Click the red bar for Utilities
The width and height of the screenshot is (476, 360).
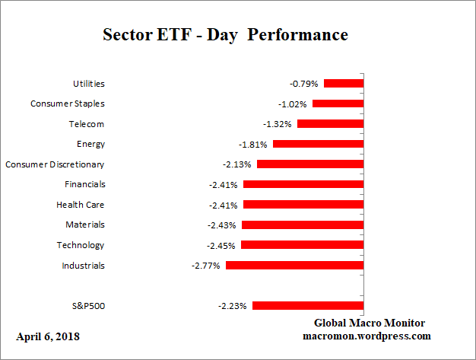click(x=344, y=83)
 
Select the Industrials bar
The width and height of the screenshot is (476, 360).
click(x=295, y=265)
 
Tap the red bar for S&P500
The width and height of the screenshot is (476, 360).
click(x=308, y=305)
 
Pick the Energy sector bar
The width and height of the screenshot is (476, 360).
click(x=318, y=144)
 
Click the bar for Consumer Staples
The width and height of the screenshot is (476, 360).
click(x=338, y=104)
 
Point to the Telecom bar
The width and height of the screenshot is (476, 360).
click(x=330, y=123)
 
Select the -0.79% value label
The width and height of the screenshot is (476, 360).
click(x=304, y=83)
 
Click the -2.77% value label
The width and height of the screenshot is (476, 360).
click(x=206, y=266)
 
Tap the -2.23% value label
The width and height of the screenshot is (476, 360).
click(x=233, y=306)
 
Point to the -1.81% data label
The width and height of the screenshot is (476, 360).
click(x=253, y=144)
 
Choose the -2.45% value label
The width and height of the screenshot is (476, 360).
click(x=221, y=245)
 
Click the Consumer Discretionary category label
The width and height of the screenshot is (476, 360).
click(x=55, y=164)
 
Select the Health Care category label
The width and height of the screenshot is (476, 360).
click(x=80, y=205)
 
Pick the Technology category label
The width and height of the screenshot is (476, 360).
click(x=81, y=245)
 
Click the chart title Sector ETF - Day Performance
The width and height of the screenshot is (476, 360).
click(x=224, y=36)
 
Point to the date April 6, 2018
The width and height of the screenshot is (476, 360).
click(x=47, y=336)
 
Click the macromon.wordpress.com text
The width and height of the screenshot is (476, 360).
click(x=367, y=336)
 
